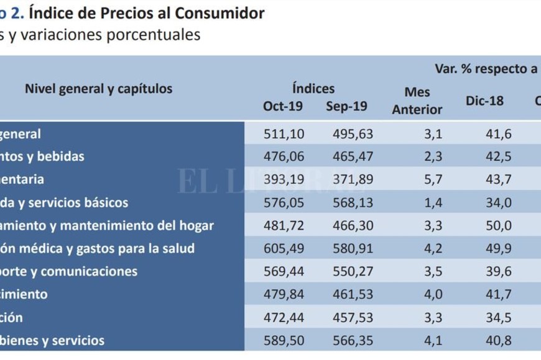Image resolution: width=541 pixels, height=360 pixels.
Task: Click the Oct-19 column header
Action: tap(283, 106)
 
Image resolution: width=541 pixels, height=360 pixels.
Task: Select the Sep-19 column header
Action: tap(346, 106)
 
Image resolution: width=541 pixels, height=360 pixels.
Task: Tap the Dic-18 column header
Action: tap(484, 101)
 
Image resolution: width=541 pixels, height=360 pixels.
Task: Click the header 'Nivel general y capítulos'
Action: tap(98, 89)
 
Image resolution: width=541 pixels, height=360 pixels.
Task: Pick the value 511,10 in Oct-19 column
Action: tap(283, 133)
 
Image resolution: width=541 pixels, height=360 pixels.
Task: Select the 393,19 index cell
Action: tap(283, 179)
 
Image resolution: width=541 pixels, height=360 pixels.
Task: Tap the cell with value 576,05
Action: tap(283, 202)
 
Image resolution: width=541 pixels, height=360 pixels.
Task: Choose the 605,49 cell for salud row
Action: tap(283, 248)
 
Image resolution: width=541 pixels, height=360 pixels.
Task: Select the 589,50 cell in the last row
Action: tap(283, 340)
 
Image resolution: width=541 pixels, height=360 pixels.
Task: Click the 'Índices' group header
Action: tap(313, 89)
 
